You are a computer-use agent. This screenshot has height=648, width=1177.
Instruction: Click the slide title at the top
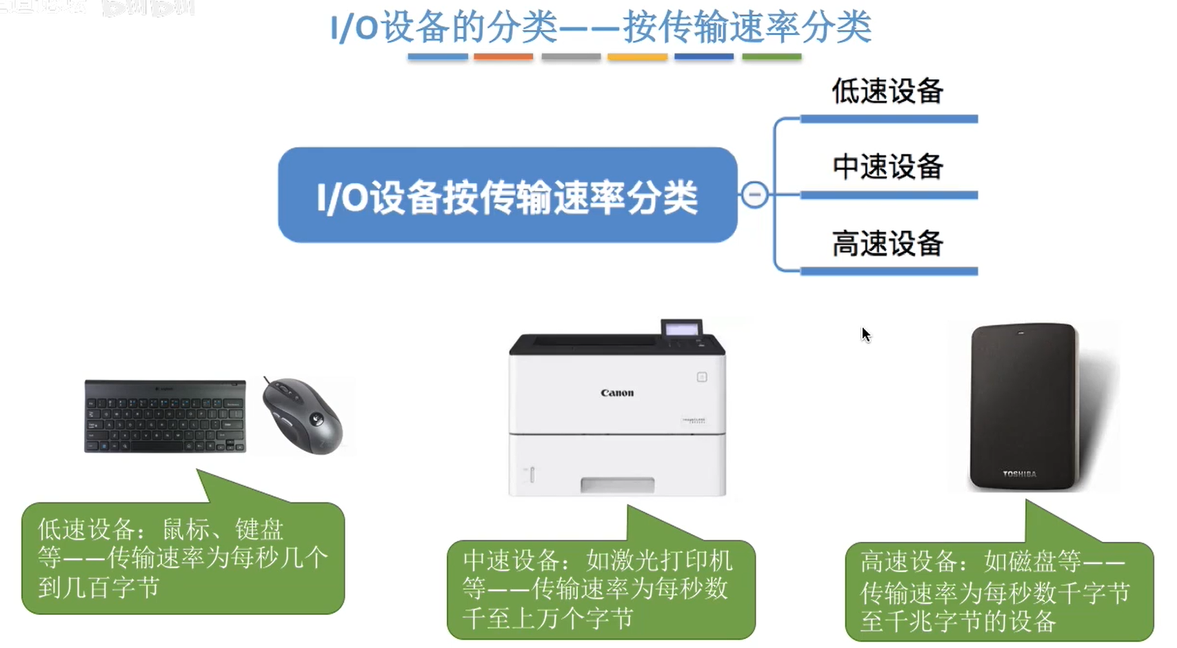click(x=601, y=28)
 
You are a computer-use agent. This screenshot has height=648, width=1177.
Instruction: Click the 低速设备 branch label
click(x=887, y=92)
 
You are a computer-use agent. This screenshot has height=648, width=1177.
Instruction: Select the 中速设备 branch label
click(x=887, y=167)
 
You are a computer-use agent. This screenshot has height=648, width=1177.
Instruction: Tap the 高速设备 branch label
click(x=887, y=243)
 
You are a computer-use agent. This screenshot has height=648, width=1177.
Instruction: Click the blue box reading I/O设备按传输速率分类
click(x=507, y=195)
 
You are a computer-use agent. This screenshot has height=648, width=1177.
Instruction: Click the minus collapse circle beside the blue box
click(x=754, y=194)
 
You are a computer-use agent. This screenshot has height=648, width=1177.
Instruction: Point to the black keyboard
click(x=165, y=416)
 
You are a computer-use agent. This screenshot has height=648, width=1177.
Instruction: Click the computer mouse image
click(x=303, y=416)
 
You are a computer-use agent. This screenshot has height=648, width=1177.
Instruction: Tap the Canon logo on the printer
click(x=617, y=393)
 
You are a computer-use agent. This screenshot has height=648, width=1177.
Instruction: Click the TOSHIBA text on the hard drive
click(x=1019, y=474)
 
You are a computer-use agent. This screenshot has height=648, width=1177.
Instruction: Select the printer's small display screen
click(x=681, y=329)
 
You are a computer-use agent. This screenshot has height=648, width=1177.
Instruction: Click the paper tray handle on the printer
click(x=617, y=485)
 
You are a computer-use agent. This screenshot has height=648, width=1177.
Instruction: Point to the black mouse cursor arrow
click(x=865, y=334)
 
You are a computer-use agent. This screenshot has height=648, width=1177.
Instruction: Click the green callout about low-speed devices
click(x=183, y=558)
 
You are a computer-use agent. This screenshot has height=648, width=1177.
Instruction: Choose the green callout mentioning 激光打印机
click(x=601, y=589)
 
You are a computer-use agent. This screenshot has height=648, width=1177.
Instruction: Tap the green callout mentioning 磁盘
click(x=999, y=591)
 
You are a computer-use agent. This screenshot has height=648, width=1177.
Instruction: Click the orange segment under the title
click(x=503, y=57)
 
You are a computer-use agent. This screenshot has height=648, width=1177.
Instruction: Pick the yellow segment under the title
click(x=637, y=57)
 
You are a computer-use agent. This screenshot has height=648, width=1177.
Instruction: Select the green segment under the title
click(x=772, y=57)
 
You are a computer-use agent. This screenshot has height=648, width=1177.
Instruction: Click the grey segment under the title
click(x=571, y=57)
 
